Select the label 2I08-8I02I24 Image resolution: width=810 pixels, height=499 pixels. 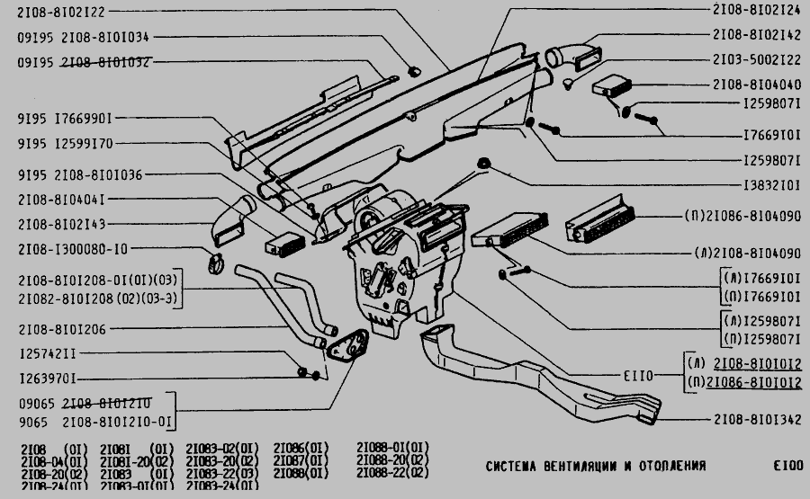click(756, 11)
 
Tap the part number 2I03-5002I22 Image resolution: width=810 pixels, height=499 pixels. click(756, 59)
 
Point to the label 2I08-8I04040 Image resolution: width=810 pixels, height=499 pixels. click(756, 85)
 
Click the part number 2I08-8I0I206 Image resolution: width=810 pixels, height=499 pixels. click(62, 330)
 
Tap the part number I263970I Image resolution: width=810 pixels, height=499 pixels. click(47, 379)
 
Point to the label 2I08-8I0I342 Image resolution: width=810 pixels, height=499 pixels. click(756, 419)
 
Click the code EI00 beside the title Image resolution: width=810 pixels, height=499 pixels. click(787, 467)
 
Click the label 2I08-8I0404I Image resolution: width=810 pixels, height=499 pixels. click(62, 200)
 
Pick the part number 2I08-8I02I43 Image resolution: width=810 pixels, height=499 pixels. click(62, 223)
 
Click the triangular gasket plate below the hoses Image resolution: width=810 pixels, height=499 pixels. click(346, 346)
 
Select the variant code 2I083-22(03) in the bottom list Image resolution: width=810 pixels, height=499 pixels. click(221, 472)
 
